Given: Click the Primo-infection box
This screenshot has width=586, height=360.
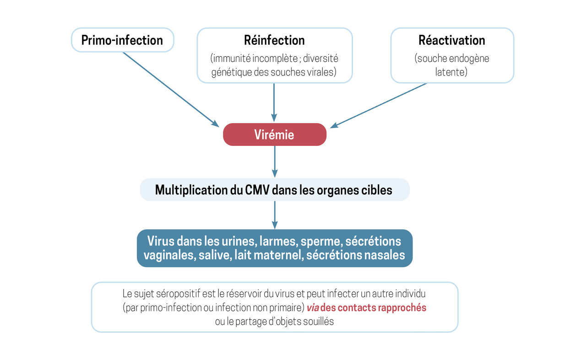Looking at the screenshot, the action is pyautogui.click(x=122, y=40).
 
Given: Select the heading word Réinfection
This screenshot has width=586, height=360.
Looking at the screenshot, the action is pyautogui.click(x=274, y=40).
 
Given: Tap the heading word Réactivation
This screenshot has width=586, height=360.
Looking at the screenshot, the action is pyautogui.click(x=452, y=40).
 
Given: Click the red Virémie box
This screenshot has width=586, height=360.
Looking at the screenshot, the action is pyautogui.click(x=275, y=134).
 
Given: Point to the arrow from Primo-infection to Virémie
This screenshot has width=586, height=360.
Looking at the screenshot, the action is pyautogui.click(x=171, y=89).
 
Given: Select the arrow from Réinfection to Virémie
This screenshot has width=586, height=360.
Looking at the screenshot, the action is pyautogui.click(x=274, y=102).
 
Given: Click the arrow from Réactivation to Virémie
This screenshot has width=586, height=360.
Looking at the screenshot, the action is pyautogui.click(x=378, y=106).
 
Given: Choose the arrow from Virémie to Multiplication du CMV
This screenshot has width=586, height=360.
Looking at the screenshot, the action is pyautogui.click(x=275, y=161).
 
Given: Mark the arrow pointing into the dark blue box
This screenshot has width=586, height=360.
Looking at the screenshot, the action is pyautogui.click(x=275, y=215).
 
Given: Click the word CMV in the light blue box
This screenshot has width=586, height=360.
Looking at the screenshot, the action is pyautogui.click(x=257, y=190).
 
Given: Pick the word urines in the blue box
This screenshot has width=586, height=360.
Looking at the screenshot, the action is pyautogui.click(x=238, y=241).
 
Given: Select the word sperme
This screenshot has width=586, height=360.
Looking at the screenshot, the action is pyautogui.click(x=321, y=242).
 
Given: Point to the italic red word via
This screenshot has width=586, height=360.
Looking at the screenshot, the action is pyautogui.click(x=313, y=308).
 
